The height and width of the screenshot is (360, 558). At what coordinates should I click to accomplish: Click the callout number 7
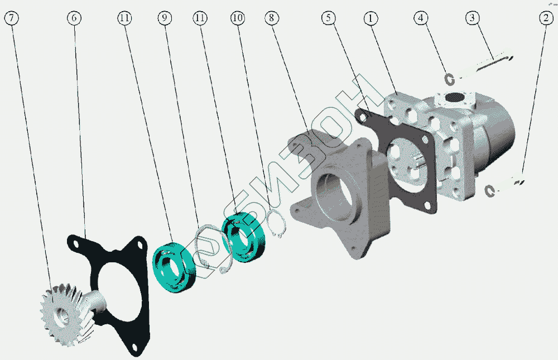tap(11, 18)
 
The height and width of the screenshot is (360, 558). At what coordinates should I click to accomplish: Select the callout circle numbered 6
tap(74, 18)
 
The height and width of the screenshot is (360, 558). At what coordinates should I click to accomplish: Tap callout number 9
tap(165, 18)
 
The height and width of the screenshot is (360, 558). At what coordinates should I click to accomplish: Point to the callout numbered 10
tap(238, 18)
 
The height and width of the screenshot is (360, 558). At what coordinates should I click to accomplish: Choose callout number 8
tap(272, 18)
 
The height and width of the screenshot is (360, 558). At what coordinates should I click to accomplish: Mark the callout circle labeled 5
tap(329, 18)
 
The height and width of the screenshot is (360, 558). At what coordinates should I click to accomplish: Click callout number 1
tap(371, 18)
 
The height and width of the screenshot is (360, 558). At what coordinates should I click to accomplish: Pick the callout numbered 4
tap(421, 18)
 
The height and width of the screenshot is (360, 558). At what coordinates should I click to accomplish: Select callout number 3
tap(472, 18)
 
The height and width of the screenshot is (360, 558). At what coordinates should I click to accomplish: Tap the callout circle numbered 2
tap(546, 18)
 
